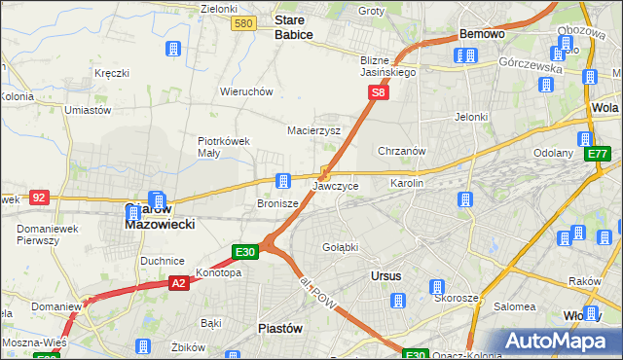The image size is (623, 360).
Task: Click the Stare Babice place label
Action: point(294,26)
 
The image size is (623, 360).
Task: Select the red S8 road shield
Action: point(380,93)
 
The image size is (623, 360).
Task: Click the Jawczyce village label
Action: point(336,185)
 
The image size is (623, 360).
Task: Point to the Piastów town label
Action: point(279,329)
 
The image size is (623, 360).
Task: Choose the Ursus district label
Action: point(386,276)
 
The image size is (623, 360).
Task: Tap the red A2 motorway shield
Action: point(177,283)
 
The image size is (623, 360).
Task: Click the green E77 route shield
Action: point(598,154)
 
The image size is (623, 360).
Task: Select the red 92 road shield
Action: point(39,197)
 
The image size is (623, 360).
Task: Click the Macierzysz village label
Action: point(313,129)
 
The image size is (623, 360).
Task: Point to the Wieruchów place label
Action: point(245,91)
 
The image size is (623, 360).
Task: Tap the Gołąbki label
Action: point(341,247)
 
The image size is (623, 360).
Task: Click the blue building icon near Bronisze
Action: point(283,180)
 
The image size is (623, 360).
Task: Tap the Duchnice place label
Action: point(163,261)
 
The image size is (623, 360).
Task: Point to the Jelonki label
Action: point(470,117)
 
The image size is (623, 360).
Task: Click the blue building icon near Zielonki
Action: point(173,50)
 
